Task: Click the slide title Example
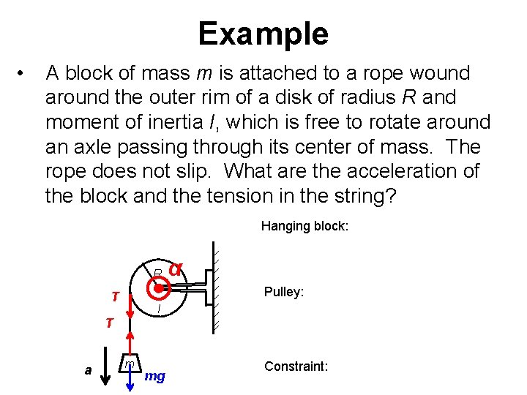(263, 34)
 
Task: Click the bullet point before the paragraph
(25, 73)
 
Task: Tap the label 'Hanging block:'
(304, 226)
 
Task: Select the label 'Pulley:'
(283, 292)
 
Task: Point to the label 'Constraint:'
(296, 366)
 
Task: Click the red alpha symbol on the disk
(175, 268)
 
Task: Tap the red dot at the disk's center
(159, 288)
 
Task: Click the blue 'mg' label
(155, 376)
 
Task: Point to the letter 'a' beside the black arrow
(88, 370)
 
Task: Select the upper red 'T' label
(115, 296)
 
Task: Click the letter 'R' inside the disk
(157, 274)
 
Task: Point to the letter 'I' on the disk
(159, 310)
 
